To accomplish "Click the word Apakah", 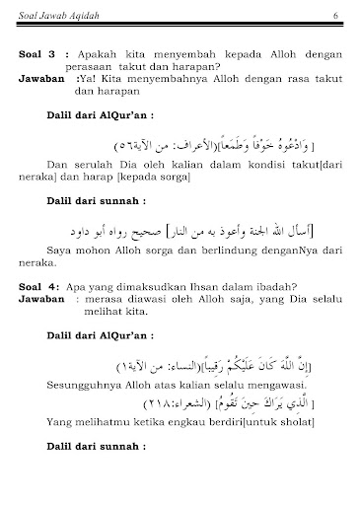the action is (x=103, y=46).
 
